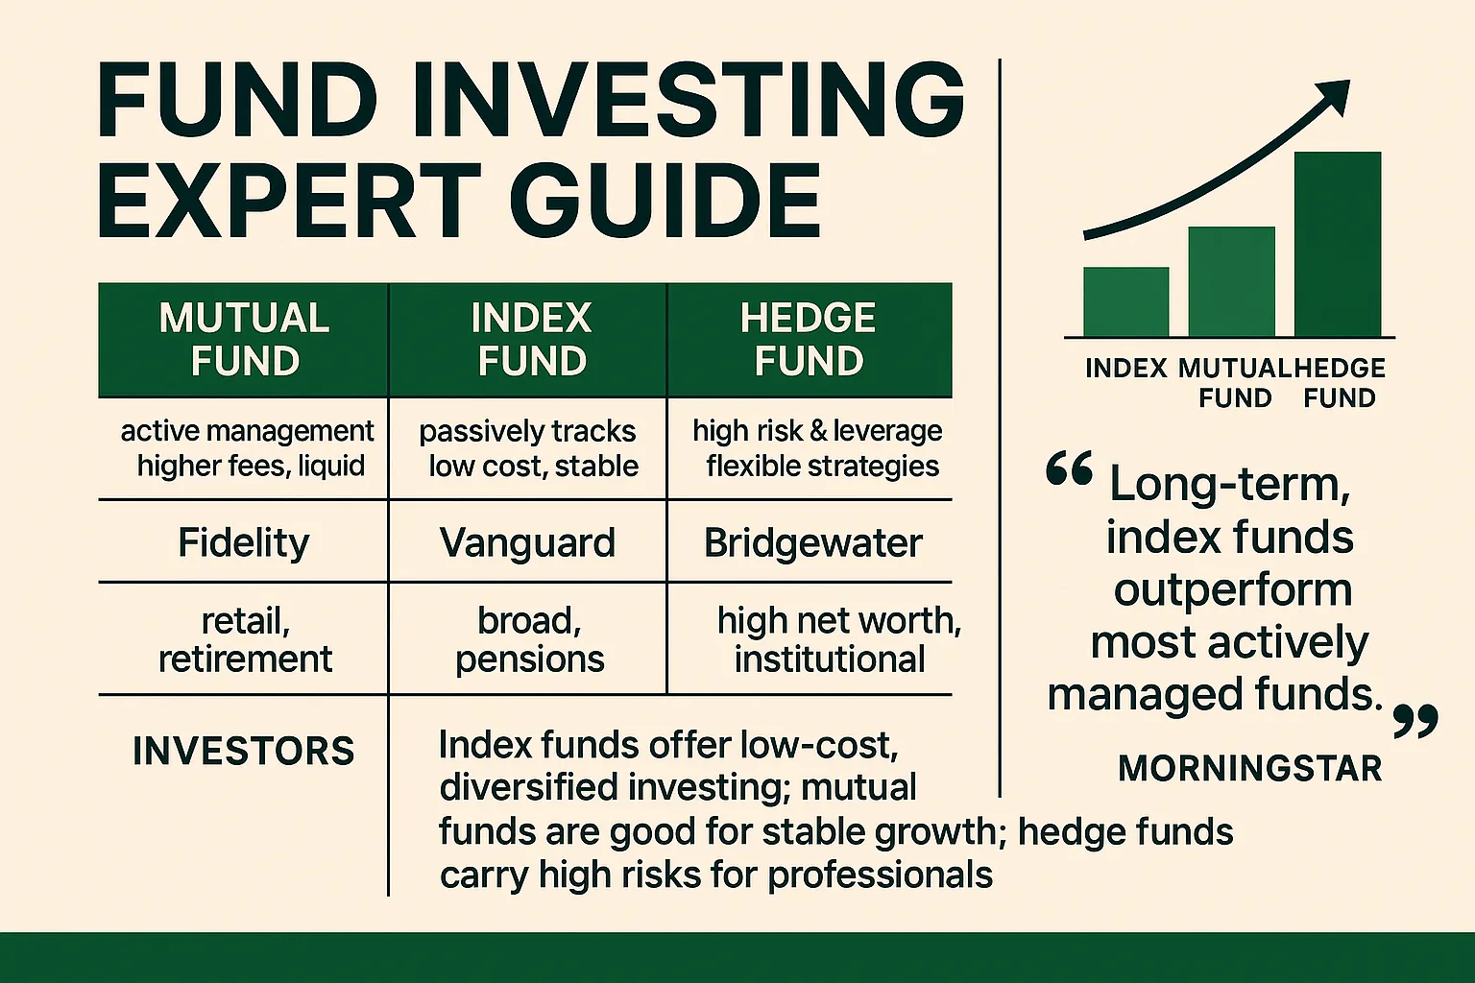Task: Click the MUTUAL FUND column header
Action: (244, 340)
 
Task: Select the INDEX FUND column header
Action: (531, 340)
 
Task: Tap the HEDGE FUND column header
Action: (809, 340)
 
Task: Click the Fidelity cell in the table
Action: (244, 543)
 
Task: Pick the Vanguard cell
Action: (527, 543)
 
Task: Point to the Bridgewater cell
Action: (812, 543)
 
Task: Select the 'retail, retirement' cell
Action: (245, 640)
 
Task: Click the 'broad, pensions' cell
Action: (529, 640)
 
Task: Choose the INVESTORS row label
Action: (244, 751)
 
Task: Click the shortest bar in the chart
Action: (1125, 301)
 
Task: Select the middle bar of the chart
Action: (1231, 281)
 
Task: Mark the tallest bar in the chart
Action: (1337, 244)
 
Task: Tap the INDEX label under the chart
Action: (1125, 369)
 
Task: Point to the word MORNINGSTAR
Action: (1249, 768)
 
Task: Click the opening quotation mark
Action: (1069, 472)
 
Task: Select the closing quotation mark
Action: (1415, 720)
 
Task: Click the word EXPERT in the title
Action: (288, 203)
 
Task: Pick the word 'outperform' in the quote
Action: (1233, 589)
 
